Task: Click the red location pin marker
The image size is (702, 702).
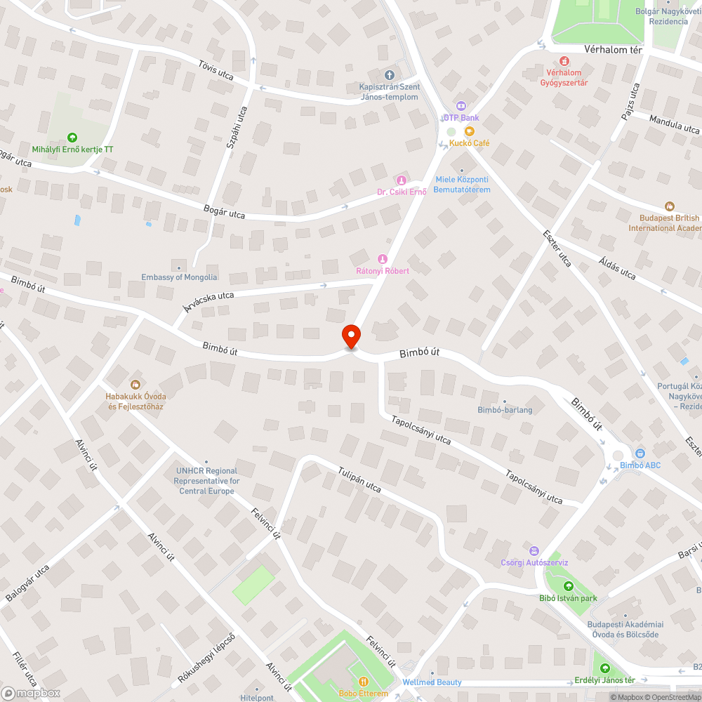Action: pyautogui.click(x=351, y=336)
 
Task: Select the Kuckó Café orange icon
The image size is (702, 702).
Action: pyautogui.click(x=469, y=131)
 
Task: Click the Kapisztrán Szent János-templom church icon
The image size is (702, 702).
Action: pyautogui.click(x=390, y=75)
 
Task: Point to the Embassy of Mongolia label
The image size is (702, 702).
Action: pyautogui.click(x=179, y=277)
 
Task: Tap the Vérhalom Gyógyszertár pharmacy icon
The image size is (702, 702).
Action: pyautogui.click(x=564, y=62)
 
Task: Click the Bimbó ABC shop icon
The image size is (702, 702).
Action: pyautogui.click(x=640, y=453)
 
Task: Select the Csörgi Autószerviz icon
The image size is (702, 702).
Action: pyautogui.click(x=534, y=551)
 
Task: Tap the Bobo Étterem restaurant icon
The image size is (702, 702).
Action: pyautogui.click(x=363, y=682)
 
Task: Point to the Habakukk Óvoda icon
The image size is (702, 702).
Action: pyautogui.click(x=135, y=384)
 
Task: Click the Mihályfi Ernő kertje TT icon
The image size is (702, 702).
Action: pyautogui.click(x=72, y=138)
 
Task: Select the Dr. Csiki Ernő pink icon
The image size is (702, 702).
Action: pyautogui.click(x=401, y=180)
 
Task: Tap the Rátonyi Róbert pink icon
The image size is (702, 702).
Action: pyautogui.click(x=383, y=259)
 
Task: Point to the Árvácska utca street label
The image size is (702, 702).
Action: pyautogui.click(x=208, y=301)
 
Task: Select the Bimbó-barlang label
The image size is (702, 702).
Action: pyautogui.click(x=505, y=410)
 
